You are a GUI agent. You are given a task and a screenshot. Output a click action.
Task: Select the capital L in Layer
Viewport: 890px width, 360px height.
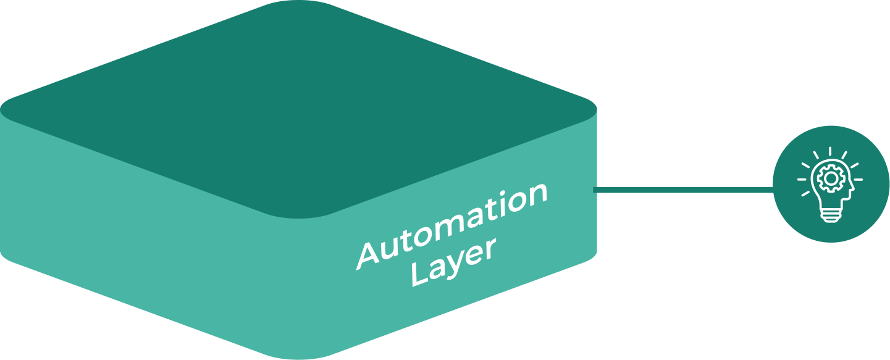click(421, 275)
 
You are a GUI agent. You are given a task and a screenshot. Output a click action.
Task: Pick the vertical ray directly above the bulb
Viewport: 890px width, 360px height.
click(829, 152)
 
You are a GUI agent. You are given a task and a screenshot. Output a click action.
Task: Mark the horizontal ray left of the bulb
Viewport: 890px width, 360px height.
click(802, 180)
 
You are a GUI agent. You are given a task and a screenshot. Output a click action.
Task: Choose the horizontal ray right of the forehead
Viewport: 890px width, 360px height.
click(858, 180)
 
